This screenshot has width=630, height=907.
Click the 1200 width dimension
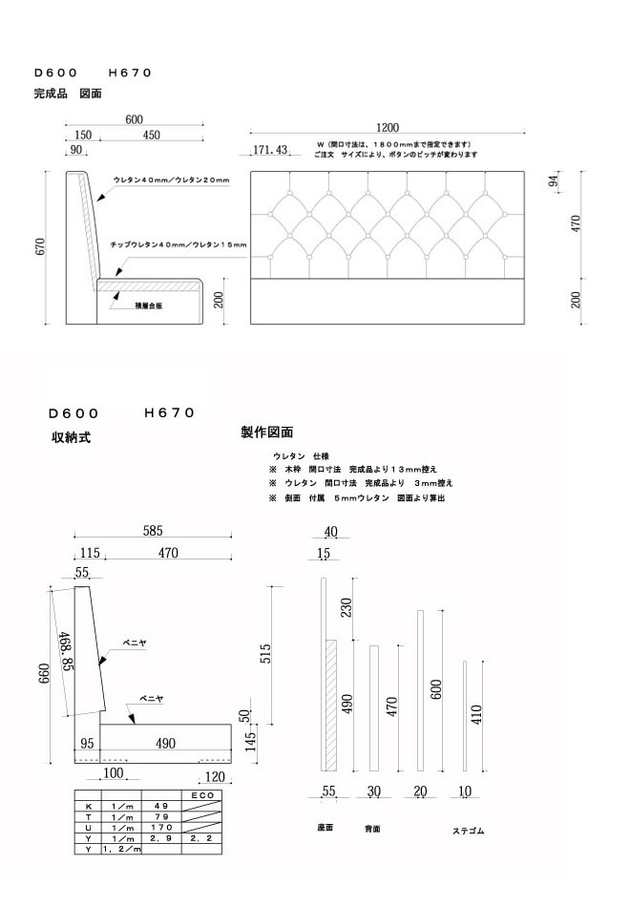point(387,128)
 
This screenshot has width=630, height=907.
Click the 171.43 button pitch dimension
point(270,150)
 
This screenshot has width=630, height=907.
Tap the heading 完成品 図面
point(67,95)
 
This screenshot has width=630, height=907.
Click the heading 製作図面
point(266,432)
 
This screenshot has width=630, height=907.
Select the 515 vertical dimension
point(266,653)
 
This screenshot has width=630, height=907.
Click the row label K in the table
point(87,806)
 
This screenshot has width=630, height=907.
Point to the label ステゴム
point(468,831)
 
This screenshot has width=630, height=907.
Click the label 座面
point(325,827)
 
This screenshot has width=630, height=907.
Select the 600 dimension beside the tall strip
point(436,690)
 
